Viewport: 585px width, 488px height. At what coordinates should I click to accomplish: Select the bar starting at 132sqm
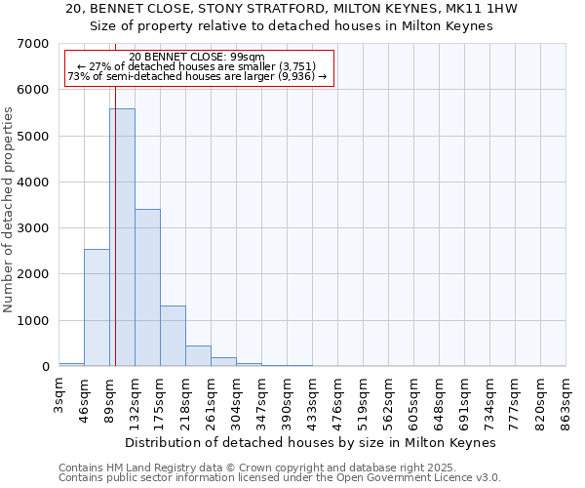point(147,288)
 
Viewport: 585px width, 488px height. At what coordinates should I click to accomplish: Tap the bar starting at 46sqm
point(97,307)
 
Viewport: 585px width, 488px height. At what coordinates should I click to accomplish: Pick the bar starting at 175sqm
point(173,336)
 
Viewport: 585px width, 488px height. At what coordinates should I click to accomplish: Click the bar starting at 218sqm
point(198,356)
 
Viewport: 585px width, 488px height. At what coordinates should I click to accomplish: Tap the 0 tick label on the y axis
point(45,367)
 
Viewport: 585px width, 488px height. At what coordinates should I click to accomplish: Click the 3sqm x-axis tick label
point(59,394)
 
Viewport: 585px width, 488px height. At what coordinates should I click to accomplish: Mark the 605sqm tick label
point(414,397)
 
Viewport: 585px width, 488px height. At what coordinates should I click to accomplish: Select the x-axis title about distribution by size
point(311,442)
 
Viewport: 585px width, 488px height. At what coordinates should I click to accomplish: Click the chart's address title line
point(292,9)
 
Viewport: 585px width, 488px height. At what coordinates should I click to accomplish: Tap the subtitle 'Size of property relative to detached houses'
point(292,26)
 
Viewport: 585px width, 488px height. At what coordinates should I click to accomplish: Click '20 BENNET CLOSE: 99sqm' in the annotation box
point(197,58)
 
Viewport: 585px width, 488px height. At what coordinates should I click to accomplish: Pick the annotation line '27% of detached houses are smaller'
point(197,67)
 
